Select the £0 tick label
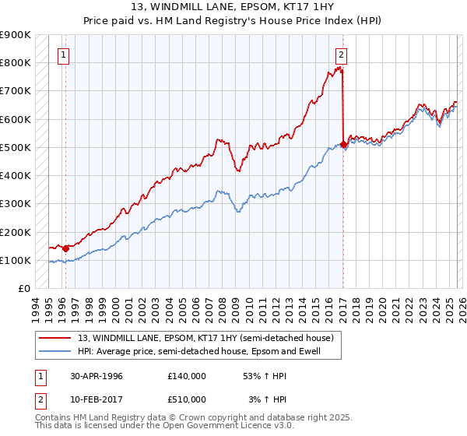[23, 289]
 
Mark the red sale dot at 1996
[65, 249]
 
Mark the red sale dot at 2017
[344, 144]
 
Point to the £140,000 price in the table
[186, 375]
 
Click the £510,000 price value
[186, 399]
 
